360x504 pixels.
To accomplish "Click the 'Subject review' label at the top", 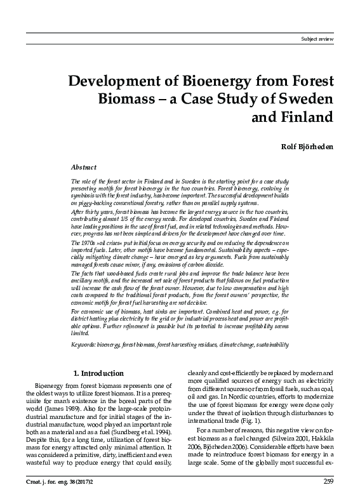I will tap(328, 39).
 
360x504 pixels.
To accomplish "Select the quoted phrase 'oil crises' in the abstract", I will tap(106, 244).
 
